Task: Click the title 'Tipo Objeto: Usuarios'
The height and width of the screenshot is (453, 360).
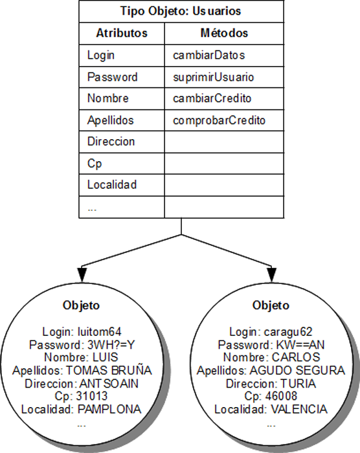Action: pyautogui.click(x=181, y=11)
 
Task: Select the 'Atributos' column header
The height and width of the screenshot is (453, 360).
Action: pyautogui.click(x=122, y=33)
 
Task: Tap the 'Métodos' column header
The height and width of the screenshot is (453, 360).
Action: pyautogui.click(x=224, y=33)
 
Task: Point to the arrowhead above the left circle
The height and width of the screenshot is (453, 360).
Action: pyautogui.click(x=82, y=274)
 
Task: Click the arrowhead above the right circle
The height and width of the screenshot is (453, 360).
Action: pyautogui.click(x=271, y=274)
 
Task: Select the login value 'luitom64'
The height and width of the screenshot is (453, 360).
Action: pyautogui.click(x=100, y=331)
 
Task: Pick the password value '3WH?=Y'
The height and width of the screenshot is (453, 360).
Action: pyautogui.click(x=111, y=345)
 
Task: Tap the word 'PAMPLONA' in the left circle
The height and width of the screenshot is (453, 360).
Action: pyautogui.click(x=109, y=410)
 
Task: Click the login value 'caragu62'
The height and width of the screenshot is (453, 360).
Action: pyautogui.click(x=288, y=332)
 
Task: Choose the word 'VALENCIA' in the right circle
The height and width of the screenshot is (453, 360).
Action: pyautogui.click(x=299, y=410)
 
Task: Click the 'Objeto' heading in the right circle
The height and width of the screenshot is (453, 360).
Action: pyautogui.click(x=271, y=305)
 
